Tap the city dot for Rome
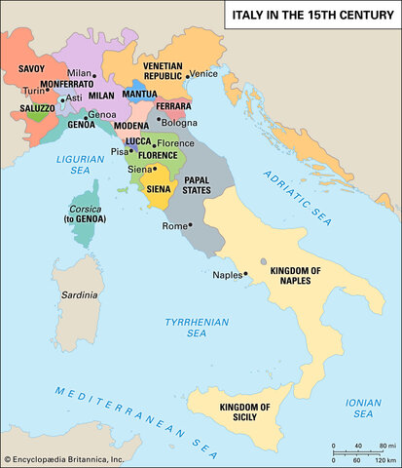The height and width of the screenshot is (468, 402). (192, 225)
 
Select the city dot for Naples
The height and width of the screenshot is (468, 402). (246, 274)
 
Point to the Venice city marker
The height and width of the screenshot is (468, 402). (187, 74)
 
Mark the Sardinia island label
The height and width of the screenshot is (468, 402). (80, 292)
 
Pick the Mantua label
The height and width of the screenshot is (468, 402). (139, 95)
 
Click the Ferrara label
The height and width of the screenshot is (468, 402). (174, 105)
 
